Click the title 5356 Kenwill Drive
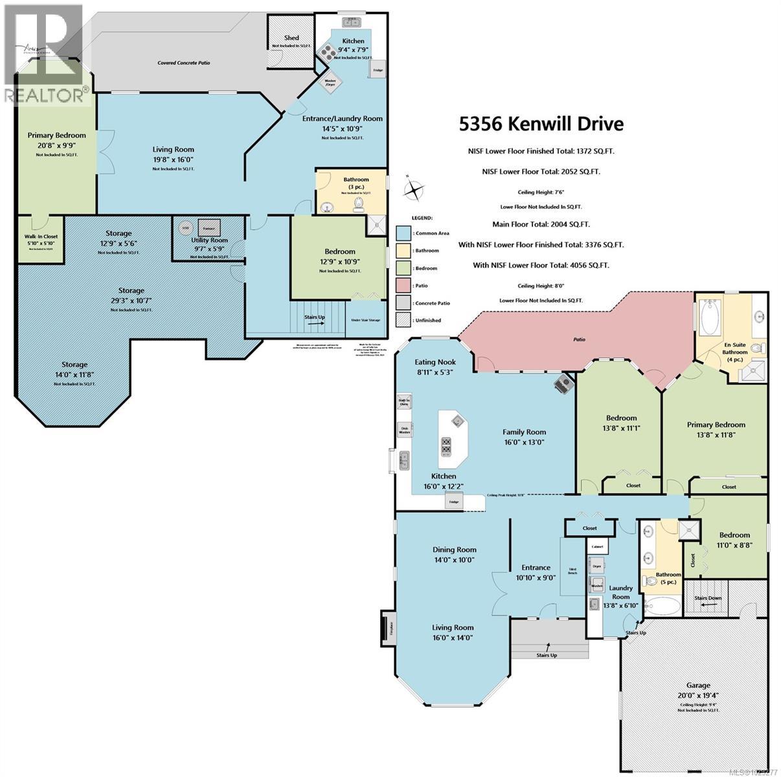point(541,124)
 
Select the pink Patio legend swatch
point(403,286)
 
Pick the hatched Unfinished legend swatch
point(403,320)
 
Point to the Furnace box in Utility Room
point(209,228)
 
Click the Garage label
point(698,685)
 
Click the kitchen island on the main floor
point(452,438)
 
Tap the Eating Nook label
point(435,362)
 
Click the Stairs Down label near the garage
point(707,598)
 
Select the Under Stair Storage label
point(366,319)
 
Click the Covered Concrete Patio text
point(184,63)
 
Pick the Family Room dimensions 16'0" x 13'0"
point(524,443)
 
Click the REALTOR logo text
point(45,95)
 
